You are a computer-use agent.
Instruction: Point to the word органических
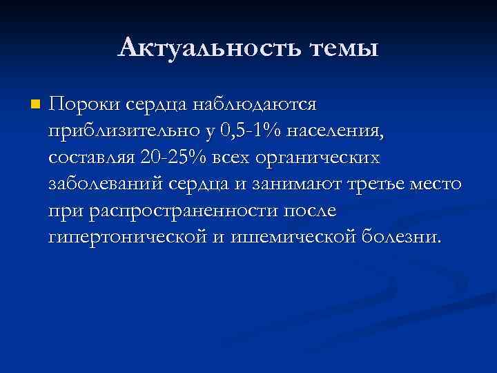[x=318, y=157]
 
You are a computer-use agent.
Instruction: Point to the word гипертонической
[x=128, y=237]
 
